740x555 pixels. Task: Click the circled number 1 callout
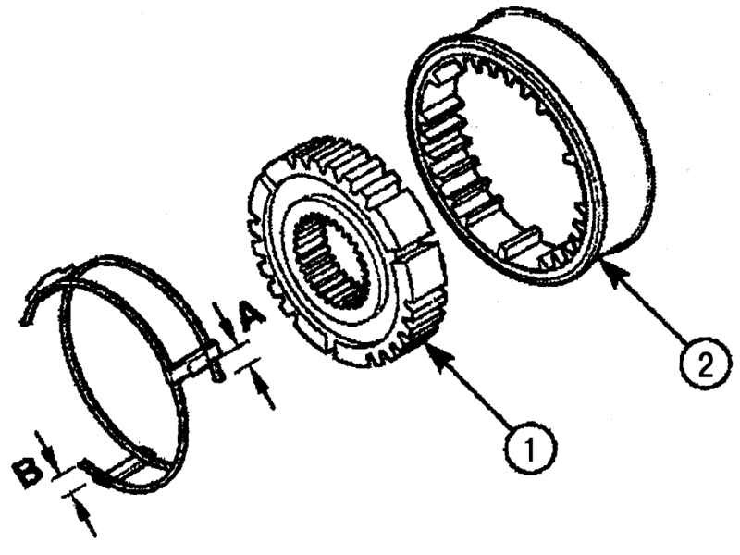click(x=530, y=446)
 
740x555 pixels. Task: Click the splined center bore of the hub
click(x=333, y=263)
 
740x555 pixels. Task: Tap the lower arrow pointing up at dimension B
click(x=84, y=518)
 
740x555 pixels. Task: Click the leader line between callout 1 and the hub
click(x=475, y=392)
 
